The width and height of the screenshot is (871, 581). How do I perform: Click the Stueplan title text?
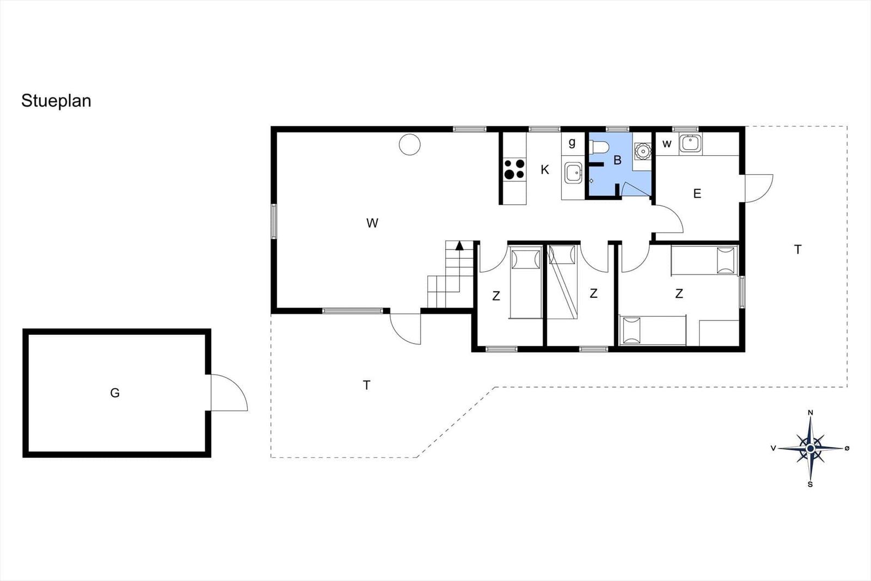point(56,101)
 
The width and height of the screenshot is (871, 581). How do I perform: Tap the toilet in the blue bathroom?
point(599,148)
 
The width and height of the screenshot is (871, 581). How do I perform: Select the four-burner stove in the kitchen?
point(514,169)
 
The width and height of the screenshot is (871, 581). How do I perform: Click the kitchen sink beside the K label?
point(574,173)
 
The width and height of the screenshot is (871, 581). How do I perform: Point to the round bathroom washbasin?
point(643,151)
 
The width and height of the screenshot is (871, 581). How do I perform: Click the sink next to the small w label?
point(690,143)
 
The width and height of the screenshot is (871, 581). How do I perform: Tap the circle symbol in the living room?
point(410,144)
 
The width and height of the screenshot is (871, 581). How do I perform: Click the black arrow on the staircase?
point(459,246)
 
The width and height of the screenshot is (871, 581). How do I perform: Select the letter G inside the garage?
point(115,393)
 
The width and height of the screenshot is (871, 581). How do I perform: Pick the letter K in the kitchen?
point(545,169)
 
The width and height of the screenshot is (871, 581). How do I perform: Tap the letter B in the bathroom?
point(617,160)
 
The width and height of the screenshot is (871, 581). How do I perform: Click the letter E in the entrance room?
point(697,193)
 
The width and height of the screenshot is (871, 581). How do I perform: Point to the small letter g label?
point(572,143)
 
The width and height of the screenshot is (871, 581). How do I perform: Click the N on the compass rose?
point(811,413)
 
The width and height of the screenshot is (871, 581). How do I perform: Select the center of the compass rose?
point(811,449)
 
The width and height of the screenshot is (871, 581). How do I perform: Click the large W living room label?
point(372,223)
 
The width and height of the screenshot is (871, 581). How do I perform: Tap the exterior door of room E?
point(758,188)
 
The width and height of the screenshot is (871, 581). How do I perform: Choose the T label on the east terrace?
point(798,249)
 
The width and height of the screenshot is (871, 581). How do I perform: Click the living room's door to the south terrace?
point(406,328)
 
